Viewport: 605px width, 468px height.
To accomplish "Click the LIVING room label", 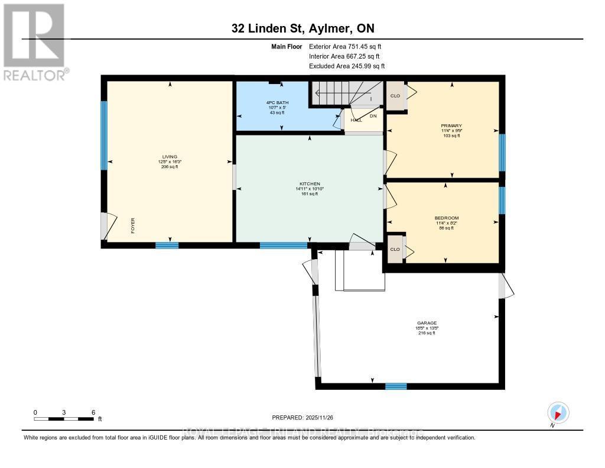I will pyautogui.click(x=170, y=157).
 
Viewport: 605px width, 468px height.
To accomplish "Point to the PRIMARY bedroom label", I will pyautogui.click(x=451, y=125).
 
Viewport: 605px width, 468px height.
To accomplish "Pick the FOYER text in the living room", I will pyautogui.click(x=133, y=226).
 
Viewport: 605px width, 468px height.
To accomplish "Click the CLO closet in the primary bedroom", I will pyautogui.click(x=395, y=95).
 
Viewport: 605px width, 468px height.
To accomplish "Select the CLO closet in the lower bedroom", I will pyautogui.click(x=395, y=249).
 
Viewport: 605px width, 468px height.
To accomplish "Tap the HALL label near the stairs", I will pyautogui.click(x=356, y=120).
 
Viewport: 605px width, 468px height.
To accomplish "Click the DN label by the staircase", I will pyautogui.click(x=373, y=116).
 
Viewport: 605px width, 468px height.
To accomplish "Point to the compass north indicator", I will pyautogui.click(x=558, y=413).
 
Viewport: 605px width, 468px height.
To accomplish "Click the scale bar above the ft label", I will pyautogui.click(x=64, y=419).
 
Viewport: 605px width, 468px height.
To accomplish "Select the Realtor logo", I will pyautogui.click(x=34, y=41).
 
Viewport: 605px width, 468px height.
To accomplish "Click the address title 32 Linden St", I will pyautogui.click(x=302, y=28).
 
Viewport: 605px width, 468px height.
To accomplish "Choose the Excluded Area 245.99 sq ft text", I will pyautogui.click(x=347, y=66).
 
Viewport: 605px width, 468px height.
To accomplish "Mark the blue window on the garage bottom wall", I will pyautogui.click(x=396, y=386).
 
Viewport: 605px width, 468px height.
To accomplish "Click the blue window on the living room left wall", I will pyautogui.click(x=104, y=135).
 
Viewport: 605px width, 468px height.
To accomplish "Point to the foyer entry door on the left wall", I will pyautogui.click(x=105, y=225).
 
